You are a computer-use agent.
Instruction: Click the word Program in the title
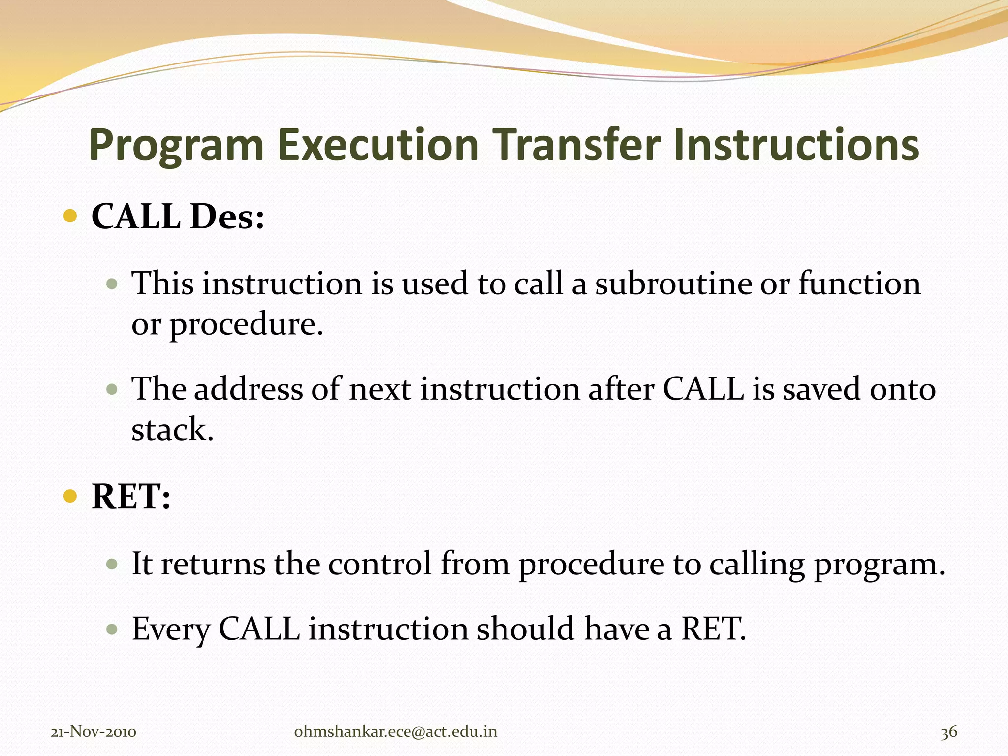pos(176,146)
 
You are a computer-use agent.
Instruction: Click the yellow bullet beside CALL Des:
pos(71,216)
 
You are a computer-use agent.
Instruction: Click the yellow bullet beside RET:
pos(71,496)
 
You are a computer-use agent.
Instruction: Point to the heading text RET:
pos(131,496)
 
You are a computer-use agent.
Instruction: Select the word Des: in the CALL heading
pos(227,217)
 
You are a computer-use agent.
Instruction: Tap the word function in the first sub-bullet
pos(859,283)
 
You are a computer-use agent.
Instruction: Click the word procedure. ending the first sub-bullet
pos(246,325)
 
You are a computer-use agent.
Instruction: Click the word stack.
pos(172,429)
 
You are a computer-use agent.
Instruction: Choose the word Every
pos(171,629)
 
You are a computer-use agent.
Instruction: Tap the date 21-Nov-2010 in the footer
pos(94,732)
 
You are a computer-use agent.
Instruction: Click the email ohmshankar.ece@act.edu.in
pos(395,732)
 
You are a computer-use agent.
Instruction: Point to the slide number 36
pos(949,732)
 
